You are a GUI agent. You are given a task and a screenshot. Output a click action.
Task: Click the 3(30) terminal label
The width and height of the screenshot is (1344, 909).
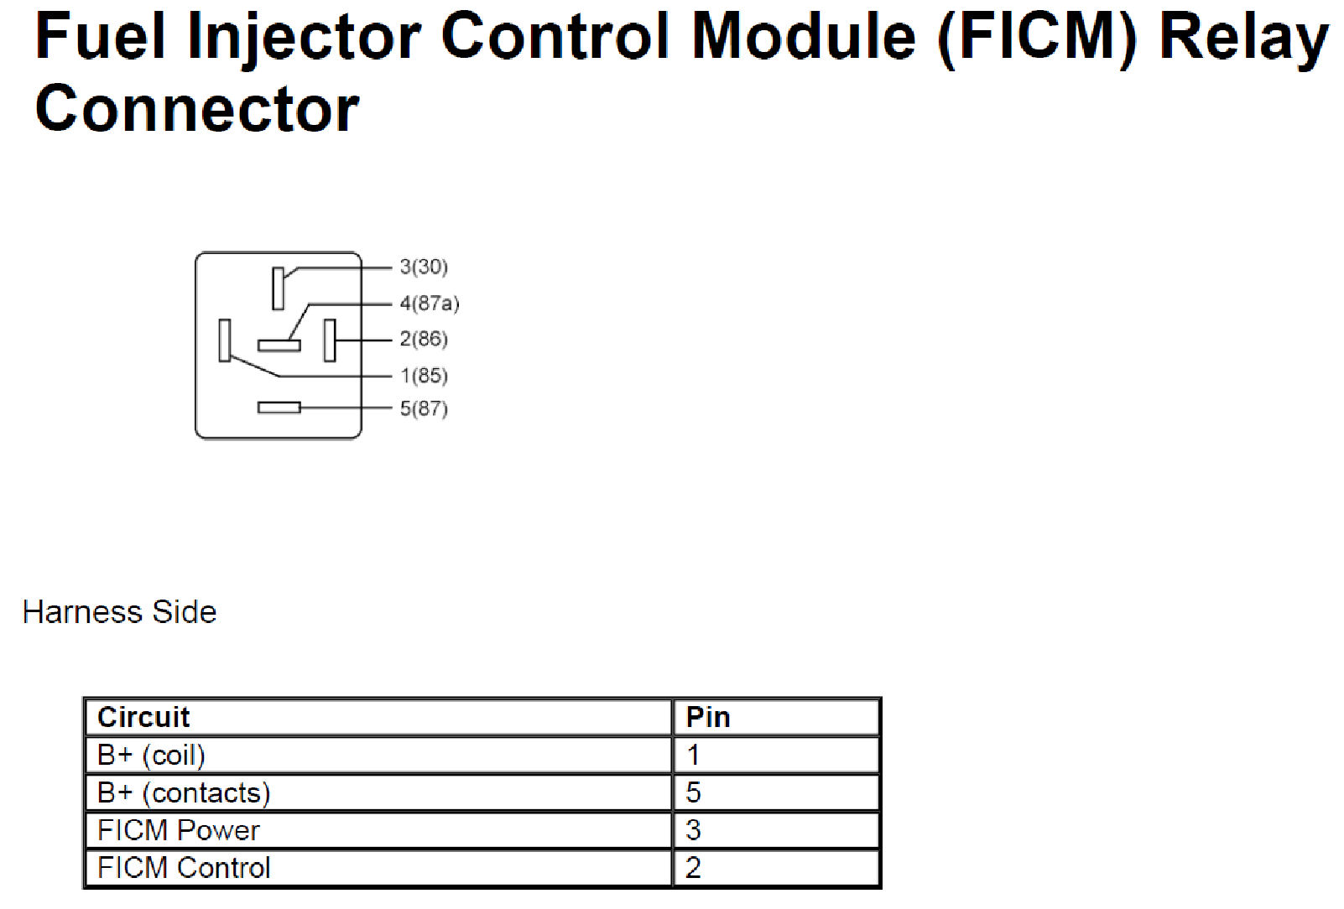(x=424, y=267)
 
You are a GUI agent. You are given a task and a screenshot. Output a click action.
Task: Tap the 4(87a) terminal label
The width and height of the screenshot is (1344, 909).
(x=430, y=303)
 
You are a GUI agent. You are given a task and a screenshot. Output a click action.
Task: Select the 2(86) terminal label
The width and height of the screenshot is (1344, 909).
(x=424, y=339)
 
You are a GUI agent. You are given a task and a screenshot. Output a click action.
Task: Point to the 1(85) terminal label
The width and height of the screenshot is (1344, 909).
(x=424, y=376)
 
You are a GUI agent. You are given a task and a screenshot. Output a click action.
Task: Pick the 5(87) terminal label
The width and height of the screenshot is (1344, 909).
(x=424, y=408)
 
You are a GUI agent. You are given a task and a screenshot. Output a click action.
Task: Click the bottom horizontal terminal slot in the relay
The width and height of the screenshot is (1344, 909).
(x=279, y=408)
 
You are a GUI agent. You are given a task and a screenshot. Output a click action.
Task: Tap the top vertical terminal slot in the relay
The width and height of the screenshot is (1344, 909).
(x=278, y=288)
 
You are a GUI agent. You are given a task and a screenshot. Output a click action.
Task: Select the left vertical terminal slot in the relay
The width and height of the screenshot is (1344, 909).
(x=224, y=340)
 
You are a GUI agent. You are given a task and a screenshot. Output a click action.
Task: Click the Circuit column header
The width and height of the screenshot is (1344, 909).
(x=143, y=718)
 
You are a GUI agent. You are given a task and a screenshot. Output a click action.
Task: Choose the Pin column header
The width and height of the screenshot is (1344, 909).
(x=708, y=718)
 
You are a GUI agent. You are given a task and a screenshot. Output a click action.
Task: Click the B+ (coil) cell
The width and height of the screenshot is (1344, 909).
(x=151, y=756)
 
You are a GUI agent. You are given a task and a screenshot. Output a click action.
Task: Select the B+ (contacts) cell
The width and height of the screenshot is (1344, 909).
(x=184, y=793)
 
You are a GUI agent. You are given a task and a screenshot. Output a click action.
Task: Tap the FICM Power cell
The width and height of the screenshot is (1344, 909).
(x=179, y=830)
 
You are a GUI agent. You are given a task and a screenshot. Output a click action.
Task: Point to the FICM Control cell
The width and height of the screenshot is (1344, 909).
(x=184, y=868)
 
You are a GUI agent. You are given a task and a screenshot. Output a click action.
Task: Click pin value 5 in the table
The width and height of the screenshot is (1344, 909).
(x=693, y=793)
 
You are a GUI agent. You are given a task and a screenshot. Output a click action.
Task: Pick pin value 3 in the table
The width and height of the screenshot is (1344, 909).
(x=693, y=830)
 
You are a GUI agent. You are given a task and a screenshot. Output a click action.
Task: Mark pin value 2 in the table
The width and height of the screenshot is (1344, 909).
(x=693, y=868)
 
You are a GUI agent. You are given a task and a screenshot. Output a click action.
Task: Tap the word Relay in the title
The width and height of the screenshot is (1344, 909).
(x=1243, y=38)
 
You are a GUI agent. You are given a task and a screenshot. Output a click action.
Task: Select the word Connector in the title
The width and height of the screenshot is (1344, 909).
(x=197, y=110)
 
